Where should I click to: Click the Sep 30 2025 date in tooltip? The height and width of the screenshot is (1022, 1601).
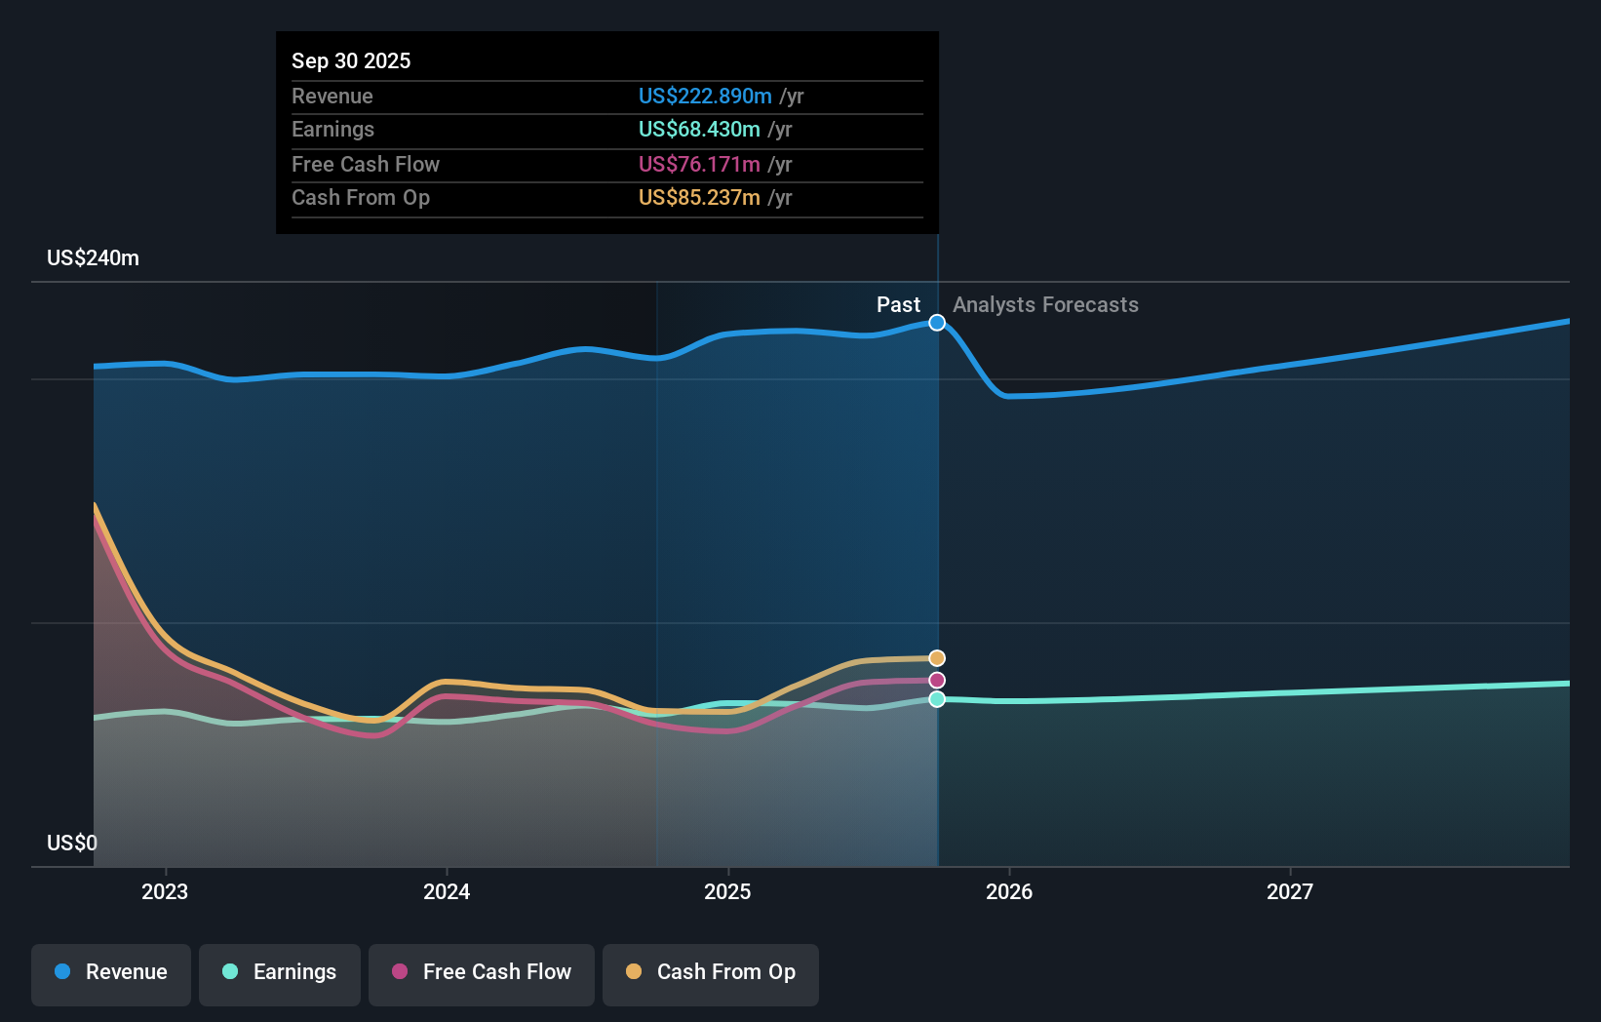click(x=351, y=60)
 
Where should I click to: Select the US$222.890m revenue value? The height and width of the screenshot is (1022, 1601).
click(x=705, y=96)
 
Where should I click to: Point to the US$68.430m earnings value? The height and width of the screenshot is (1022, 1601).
click(x=699, y=129)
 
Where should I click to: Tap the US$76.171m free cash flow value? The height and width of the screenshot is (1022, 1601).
click(x=699, y=164)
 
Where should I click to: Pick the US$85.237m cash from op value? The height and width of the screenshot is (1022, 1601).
click(x=699, y=197)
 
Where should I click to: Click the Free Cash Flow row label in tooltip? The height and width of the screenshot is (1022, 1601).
click(x=366, y=164)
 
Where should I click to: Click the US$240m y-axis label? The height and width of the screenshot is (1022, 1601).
click(x=93, y=257)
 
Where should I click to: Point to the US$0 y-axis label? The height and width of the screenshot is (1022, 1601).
click(x=72, y=843)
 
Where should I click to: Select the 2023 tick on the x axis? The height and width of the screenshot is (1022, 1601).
click(x=165, y=891)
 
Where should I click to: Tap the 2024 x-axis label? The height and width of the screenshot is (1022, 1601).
click(x=447, y=891)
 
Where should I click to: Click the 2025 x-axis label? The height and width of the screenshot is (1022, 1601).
click(x=727, y=891)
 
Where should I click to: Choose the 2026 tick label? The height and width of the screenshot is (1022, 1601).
click(x=1009, y=891)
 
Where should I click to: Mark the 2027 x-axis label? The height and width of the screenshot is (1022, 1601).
click(x=1290, y=891)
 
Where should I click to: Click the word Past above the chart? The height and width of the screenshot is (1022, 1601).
click(x=898, y=304)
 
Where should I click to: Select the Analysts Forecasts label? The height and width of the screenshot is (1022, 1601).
click(x=1045, y=304)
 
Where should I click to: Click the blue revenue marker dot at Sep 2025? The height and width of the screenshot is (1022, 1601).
click(x=937, y=323)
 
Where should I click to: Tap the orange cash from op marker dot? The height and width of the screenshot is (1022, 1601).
click(x=937, y=658)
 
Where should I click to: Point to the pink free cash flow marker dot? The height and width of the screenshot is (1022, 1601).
click(x=937, y=681)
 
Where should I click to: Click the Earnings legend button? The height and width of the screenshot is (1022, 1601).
click(x=280, y=972)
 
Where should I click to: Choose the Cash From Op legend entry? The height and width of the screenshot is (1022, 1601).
click(x=711, y=972)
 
